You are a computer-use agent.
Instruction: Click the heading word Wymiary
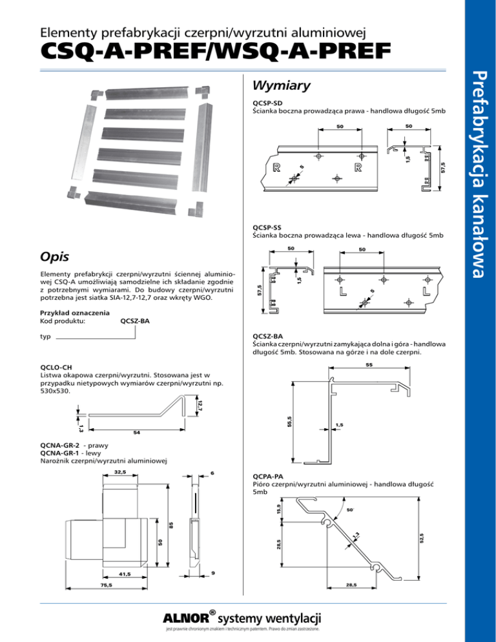point(281,86)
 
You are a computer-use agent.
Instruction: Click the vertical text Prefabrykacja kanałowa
point(479,174)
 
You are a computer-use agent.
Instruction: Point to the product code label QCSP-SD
point(267,103)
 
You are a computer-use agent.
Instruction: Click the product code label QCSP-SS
point(267,227)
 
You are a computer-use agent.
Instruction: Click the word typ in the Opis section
point(45,337)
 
